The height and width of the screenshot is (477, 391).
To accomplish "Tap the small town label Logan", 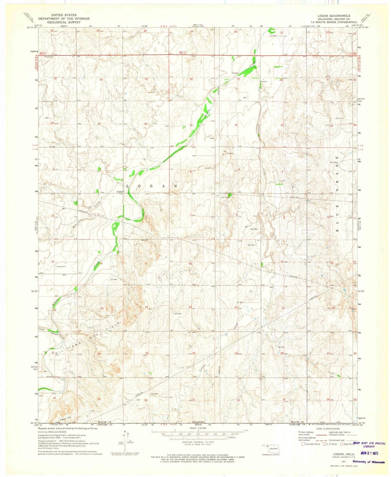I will pos(120,192).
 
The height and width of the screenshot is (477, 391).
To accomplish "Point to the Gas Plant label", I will pos(225,197).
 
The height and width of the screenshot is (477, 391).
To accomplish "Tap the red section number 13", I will pos(146,264).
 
